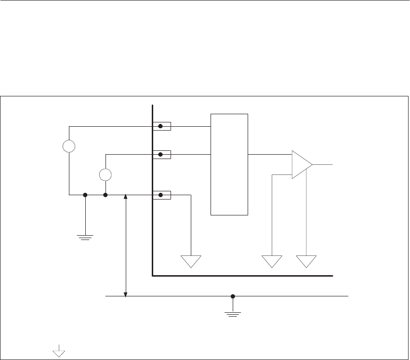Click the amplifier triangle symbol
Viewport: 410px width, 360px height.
tap(301, 164)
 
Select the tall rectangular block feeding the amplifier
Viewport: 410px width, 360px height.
tap(229, 164)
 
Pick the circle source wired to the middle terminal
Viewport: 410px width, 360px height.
tap(106, 174)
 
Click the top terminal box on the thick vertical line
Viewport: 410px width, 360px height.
tap(162, 126)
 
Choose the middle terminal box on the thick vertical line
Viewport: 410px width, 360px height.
tap(162, 155)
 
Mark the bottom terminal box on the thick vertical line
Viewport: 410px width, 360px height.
tap(162, 195)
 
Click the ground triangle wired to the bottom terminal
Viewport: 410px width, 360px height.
tap(191, 261)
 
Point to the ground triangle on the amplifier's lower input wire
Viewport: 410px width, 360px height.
tap(272, 261)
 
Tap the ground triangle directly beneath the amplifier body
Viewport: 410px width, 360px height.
tap(307, 261)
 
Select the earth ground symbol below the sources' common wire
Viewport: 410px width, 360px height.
tap(85, 237)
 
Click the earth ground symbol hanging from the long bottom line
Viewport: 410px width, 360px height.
tap(233, 313)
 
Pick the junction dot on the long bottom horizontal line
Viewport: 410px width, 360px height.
tap(233, 296)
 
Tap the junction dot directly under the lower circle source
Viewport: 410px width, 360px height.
tap(106, 195)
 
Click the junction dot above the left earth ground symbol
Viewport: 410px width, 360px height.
tap(85, 195)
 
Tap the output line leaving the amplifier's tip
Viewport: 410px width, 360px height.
tap(323, 164)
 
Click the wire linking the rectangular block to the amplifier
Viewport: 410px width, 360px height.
tap(270, 155)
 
